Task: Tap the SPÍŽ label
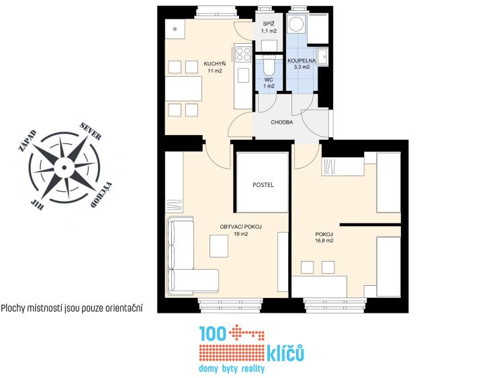(269, 24)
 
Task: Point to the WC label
(269, 79)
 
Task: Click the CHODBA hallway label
(281, 122)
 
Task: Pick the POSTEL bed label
(263, 184)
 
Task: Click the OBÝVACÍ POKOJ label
(240, 227)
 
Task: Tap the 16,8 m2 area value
(324, 240)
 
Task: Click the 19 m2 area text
(240, 234)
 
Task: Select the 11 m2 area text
(215, 71)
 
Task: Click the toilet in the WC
(269, 67)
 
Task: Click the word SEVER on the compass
(91, 131)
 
